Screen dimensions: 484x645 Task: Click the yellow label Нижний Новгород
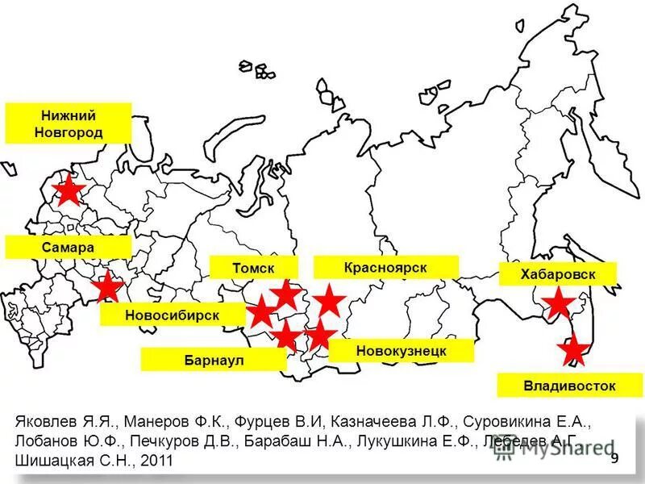68,123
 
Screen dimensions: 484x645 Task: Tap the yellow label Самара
68,247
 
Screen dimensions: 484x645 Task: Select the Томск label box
253,267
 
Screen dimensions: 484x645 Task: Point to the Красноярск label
385,267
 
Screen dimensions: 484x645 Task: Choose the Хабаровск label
557,274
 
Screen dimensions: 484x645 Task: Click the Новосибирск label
172,315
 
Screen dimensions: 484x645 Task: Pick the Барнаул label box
213,360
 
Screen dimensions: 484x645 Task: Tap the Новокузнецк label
402,351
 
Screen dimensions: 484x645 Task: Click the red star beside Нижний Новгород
70,191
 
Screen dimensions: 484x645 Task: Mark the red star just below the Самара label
107,286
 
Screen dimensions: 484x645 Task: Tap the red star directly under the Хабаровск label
559,303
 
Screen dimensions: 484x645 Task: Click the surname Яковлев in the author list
48,421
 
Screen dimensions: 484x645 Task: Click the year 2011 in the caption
156,461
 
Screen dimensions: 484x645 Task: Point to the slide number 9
614,459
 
